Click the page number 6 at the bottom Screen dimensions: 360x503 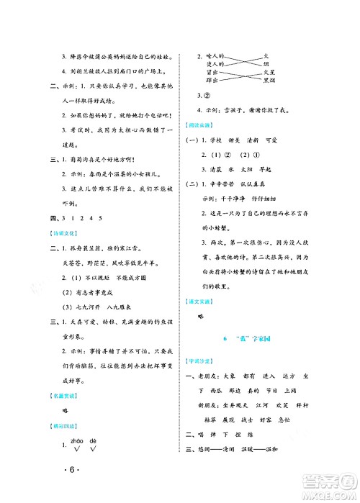[x=68, y=470]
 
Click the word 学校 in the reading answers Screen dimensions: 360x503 [x=227, y=140]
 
